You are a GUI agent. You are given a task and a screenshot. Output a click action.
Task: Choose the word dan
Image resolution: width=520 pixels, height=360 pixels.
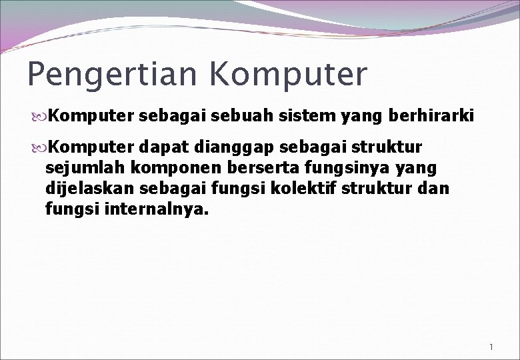(436, 188)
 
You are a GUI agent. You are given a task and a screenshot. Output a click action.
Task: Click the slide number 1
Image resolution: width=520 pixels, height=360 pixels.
(491, 347)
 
